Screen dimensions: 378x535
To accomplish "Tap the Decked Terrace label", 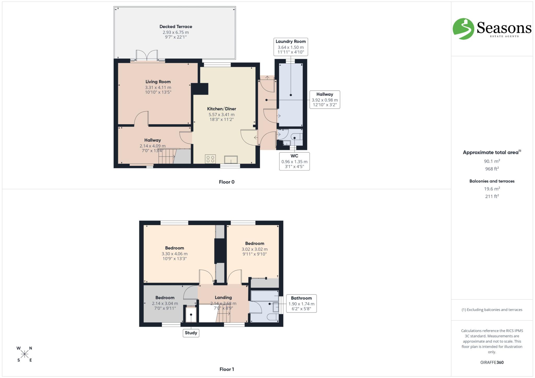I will pyautogui.click(x=176, y=27).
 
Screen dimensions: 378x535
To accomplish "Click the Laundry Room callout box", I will pyautogui.click(x=290, y=47).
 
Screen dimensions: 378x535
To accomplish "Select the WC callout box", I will pyautogui.click(x=294, y=161).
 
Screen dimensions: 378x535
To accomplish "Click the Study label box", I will pyautogui.click(x=191, y=333).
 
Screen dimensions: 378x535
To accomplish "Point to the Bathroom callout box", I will pyautogui.click(x=301, y=303).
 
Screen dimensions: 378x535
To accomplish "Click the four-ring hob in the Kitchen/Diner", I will pyautogui.click(x=210, y=159).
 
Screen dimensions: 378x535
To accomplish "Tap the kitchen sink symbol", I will pyautogui.click(x=231, y=159).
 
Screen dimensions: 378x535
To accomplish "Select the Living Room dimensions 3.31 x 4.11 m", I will pyautogui.click(x=158, y=88).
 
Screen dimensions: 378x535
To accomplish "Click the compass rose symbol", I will pyautogui.click(x=25, y=354).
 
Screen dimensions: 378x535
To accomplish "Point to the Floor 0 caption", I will pyautogui.click(x=226, y=182).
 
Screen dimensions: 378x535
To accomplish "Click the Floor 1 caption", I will pyautogui.click(x=226, y=369).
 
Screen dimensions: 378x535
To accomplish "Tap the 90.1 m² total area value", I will pyautogui.click(x=492, y=161).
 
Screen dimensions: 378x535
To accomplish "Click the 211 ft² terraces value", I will pyautogui.click(x=492, y=196).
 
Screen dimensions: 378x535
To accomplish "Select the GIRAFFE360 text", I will pyautogui.click(x=492, y=362).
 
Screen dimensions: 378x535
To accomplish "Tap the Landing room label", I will pyautogui.click(x=223, y=297).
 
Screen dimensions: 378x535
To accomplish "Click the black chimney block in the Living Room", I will pyautogui.click(x=200, y=89).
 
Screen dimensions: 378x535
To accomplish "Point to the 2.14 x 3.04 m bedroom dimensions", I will pyautogui.click(x=165, y=303).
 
